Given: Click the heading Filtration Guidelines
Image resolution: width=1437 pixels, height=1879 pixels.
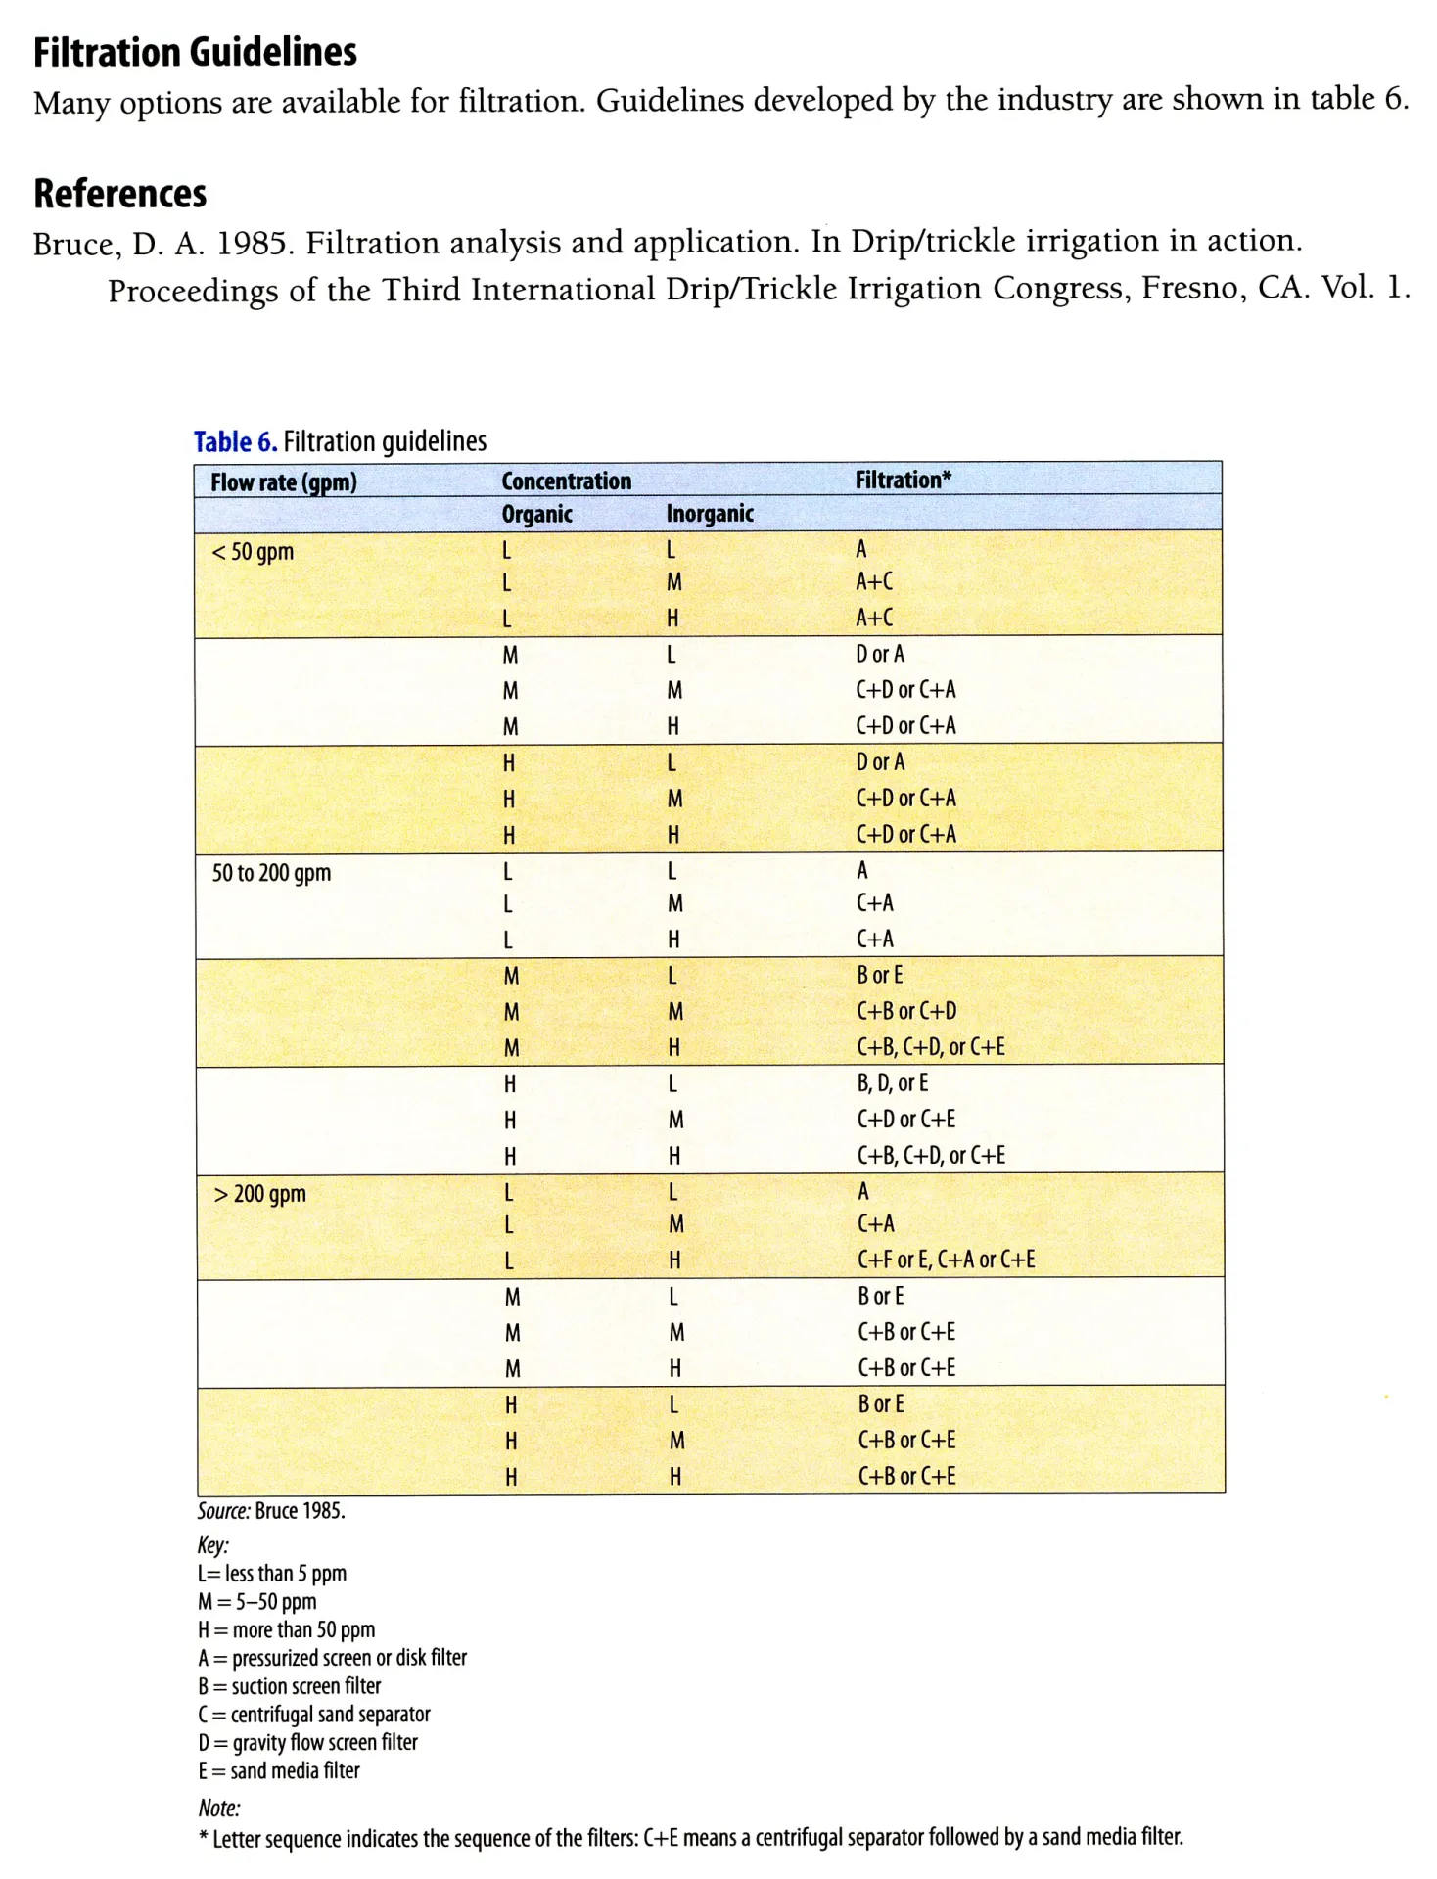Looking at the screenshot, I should pos(195,52).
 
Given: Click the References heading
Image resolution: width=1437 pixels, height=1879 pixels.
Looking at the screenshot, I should pos(119,194).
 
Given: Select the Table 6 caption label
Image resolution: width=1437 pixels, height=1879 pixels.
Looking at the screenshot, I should pos(235,442).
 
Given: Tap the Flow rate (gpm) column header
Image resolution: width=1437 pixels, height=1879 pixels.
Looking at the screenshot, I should pos(283,482).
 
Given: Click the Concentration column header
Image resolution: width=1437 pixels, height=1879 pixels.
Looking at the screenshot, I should pos(566,481).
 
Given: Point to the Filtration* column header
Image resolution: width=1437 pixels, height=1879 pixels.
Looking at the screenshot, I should pos(903,480).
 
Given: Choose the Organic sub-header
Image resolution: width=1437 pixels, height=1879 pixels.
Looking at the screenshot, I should pos(536,515).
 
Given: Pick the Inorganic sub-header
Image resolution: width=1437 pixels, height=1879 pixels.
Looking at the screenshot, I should pos(710,514).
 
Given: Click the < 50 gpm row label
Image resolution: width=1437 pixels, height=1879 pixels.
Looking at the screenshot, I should pos(253,552).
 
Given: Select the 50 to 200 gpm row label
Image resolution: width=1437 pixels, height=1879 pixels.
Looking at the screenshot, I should pos(271,873).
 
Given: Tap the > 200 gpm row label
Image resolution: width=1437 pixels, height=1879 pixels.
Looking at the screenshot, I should pos(259,1194).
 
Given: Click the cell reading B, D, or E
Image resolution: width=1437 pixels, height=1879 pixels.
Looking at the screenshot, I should pos(892,1083).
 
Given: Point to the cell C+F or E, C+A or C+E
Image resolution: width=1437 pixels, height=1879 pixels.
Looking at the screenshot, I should pos(946,1260).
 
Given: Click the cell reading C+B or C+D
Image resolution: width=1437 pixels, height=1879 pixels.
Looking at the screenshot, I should pos(906,1011).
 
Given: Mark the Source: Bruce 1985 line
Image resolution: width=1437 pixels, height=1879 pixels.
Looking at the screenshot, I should pos(271,1511).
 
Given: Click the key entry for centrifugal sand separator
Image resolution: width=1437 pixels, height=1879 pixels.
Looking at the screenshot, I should pos(314,1715).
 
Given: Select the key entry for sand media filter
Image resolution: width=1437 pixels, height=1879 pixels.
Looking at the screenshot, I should pos(279,1771).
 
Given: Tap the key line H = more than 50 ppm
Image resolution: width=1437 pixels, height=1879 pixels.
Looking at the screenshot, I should pos(287,1630).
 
